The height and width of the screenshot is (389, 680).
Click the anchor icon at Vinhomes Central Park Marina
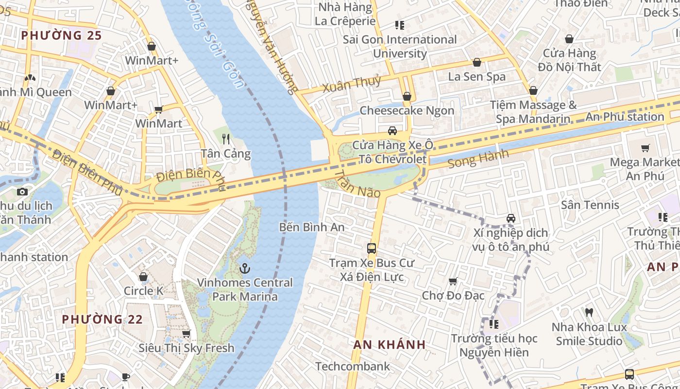(245, 268)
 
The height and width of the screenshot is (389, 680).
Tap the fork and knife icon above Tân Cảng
(226, 139)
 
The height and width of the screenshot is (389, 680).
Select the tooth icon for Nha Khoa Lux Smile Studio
(589, 312)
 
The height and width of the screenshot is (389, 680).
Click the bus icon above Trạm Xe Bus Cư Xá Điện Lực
(372, 248)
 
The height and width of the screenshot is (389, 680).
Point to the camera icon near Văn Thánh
(22, 192)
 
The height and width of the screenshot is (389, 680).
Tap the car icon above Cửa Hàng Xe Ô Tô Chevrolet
(392, 130)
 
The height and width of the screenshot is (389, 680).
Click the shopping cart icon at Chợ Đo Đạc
(453, 281)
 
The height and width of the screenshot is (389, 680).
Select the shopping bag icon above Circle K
(143, 277)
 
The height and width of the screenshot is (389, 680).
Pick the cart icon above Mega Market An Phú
(645, 148)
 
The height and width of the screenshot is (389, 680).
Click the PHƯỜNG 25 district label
(62, 35)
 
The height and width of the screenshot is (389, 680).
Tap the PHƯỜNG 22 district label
(102, 319)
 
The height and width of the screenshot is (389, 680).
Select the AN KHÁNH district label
(390, 344)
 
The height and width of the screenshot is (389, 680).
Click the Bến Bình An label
(312, 227)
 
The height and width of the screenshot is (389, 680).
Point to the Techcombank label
(353, 366)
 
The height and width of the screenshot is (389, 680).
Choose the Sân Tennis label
(590, 205)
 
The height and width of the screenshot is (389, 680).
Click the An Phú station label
(625, 117)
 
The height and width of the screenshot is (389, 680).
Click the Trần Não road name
(358, 184)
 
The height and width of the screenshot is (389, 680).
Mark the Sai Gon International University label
(400, 46)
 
